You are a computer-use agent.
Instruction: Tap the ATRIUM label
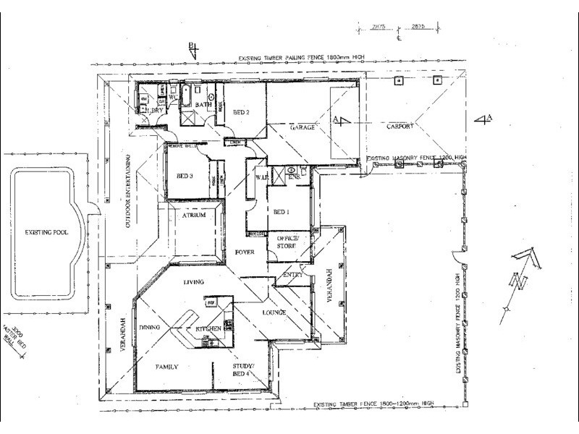[193, 216]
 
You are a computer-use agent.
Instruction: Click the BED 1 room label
[282, 212]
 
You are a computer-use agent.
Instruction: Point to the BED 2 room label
[241, 112]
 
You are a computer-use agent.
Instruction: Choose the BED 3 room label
[185, 176]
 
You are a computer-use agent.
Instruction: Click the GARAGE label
[303, 127]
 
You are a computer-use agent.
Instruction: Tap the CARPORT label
[399, 126]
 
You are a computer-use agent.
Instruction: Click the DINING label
[159, 326]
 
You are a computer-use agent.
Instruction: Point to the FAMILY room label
[166, 367]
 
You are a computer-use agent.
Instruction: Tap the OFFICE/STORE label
[288, 242]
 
